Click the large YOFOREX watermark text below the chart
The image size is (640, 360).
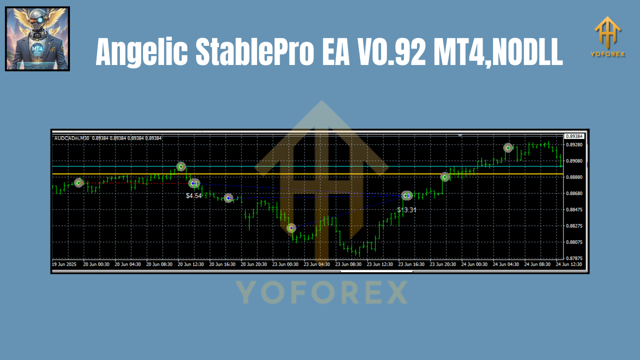321,292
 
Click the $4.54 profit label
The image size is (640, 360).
194,196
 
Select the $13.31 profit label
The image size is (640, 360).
406,210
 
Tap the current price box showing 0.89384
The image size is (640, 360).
574,136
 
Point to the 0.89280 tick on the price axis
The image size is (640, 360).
574,145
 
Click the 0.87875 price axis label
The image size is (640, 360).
574,258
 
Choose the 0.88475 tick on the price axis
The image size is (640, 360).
574,210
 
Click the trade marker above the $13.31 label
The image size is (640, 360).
406,195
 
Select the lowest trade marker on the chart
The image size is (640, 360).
291,228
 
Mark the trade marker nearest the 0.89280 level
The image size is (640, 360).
508,147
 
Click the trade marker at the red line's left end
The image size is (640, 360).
78,182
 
